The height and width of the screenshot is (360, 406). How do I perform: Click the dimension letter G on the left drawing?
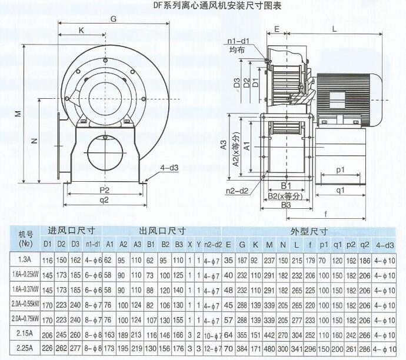(x=112, y=19)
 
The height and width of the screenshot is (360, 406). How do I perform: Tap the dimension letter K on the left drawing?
(x=81, y=30)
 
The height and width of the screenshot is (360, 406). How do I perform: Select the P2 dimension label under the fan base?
(x=105, y=191)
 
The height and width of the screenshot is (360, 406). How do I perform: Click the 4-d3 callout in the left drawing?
(x=169, y=168)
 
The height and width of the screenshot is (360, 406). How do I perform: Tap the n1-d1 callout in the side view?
(x=238, y=41)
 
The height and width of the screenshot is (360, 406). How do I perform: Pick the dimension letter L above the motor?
(x=334, y=28)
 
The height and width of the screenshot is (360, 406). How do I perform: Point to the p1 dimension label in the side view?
(x=341, y=170)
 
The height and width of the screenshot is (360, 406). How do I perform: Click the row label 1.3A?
(x=24, y=258)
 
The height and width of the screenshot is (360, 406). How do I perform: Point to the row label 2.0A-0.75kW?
(x=24, y=319)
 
